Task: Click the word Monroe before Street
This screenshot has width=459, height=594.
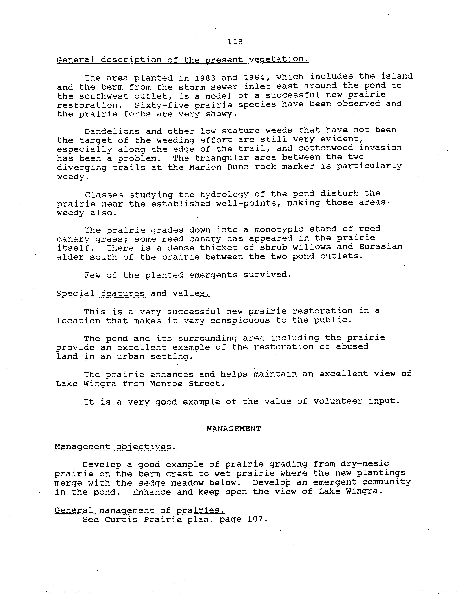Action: pos(166,384)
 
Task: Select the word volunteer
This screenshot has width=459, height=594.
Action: pos(338,401)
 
